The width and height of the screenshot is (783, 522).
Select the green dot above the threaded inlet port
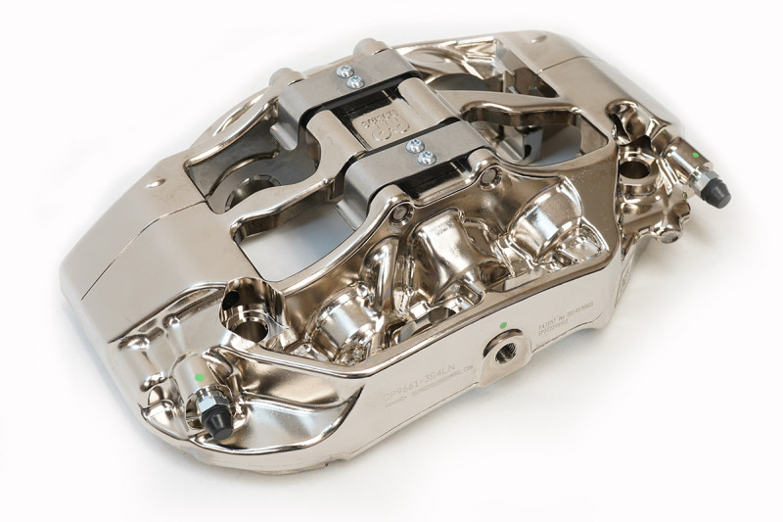pos(502,324)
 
